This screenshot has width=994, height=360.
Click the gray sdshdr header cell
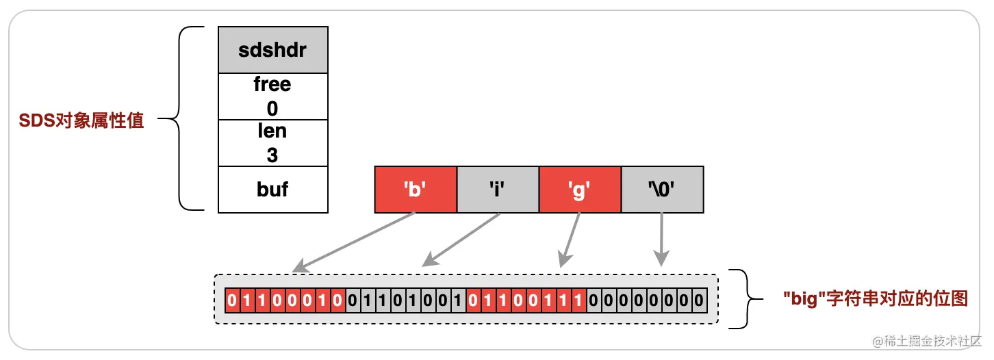[x=272, y=50]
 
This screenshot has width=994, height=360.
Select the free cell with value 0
[x=272, y=97]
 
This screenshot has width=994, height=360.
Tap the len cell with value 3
[x=272, y=143]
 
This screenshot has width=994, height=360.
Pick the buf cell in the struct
[x=272, y=190]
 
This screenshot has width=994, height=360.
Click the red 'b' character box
[x=416, y=189]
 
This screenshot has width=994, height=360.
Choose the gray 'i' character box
[x=498, y=189]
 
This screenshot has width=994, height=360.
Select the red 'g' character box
[x=580, y=189]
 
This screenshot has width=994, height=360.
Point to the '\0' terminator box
[x=662, y=189]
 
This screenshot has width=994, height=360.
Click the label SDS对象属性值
[x=81, y=122]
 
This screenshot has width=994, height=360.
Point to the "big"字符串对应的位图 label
[x=875, y=298]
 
